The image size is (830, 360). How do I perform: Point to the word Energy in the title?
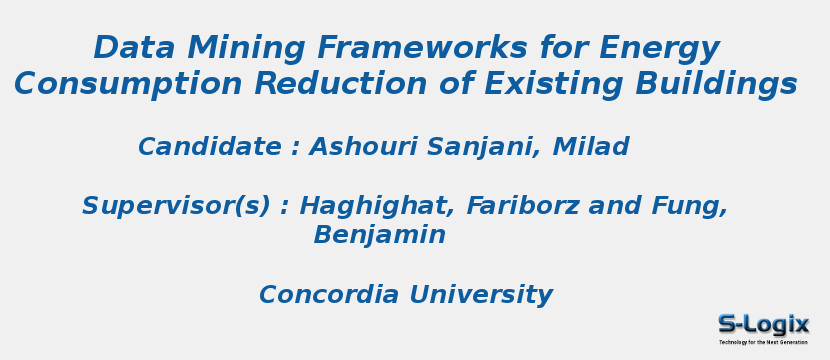[x=659, y=48]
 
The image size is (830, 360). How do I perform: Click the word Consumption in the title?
[x=129, y=84]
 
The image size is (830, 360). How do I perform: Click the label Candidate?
[x=210, y=147]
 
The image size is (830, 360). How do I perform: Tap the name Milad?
[x=591, y=147]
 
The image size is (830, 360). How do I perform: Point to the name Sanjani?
[x=484, y=147]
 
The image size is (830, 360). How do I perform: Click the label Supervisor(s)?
[x=176, y=206]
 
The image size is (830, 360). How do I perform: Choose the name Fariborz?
[x=524, y=206]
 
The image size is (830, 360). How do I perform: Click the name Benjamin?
[x=380, y=235]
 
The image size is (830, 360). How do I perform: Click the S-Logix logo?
[x=763, y=327]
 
